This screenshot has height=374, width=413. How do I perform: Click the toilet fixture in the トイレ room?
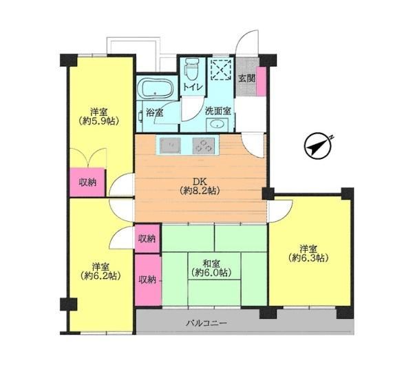coord(192,70)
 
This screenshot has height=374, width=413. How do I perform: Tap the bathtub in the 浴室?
coord(158,88)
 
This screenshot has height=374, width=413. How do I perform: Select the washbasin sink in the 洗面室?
coord(217,125)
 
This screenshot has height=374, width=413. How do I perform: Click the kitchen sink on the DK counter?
coord(170,145)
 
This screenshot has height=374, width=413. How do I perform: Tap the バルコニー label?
coord(206,322)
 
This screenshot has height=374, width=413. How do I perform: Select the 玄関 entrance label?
coord(246,79)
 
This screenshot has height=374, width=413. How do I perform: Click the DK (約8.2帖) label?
coord(200,186)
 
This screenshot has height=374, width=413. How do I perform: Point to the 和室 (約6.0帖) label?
coord(211,268)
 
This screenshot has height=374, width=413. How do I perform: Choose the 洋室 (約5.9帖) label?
coord(98,116)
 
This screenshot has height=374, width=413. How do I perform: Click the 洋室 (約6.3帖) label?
coord(308,253)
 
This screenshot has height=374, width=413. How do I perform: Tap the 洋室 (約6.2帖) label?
coord(100,271)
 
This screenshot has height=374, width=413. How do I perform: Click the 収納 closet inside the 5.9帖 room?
coord(87,183)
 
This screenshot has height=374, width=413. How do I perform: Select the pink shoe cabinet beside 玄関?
coord(262,82)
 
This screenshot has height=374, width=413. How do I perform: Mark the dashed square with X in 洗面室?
coord(222,70)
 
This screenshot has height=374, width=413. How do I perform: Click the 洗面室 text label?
coord(218,112)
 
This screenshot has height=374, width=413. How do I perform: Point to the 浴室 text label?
coord(155,112)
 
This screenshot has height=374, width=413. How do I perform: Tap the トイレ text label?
coord(193,87)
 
